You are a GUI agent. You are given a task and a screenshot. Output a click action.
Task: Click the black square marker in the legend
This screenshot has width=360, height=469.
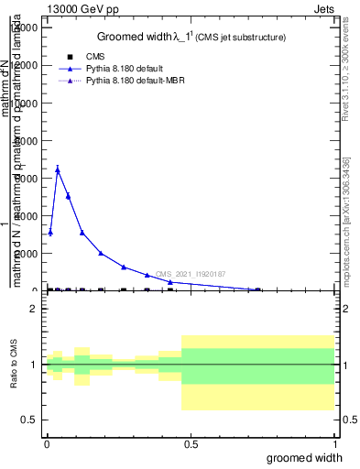(x=70, y=57)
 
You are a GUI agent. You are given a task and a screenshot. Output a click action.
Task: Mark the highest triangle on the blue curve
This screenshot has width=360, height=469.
(x=58, y=169)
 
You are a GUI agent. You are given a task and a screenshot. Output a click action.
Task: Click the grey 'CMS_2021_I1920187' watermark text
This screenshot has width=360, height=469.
(x=190, y=274)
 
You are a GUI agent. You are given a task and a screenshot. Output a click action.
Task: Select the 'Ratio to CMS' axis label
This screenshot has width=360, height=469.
(x=14, y=365)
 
